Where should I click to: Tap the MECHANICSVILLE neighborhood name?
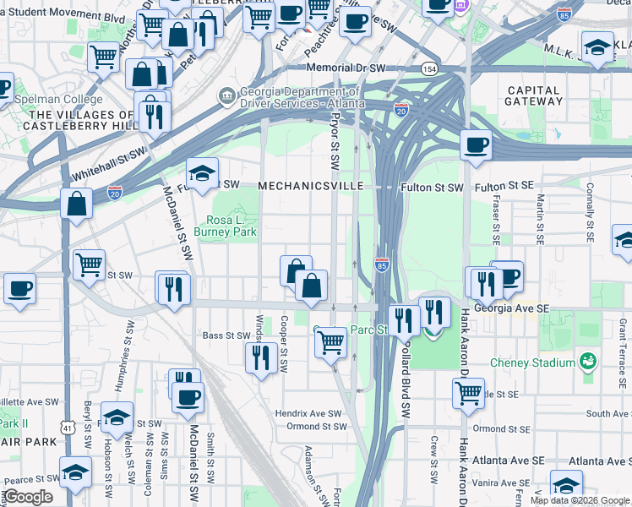click(311, 185)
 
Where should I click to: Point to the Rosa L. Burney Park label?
click(225, 225)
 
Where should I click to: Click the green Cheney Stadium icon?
click(588, 363)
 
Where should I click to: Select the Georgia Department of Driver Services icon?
click(226, 95)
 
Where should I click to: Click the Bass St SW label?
click(224, 335)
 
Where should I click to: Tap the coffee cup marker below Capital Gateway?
click(477, 144)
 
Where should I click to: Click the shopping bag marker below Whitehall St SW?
click(76, 204)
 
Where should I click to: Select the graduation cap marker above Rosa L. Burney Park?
click(203, 173)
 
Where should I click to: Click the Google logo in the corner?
click(28, 497)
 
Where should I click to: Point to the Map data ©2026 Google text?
click(580, 500)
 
